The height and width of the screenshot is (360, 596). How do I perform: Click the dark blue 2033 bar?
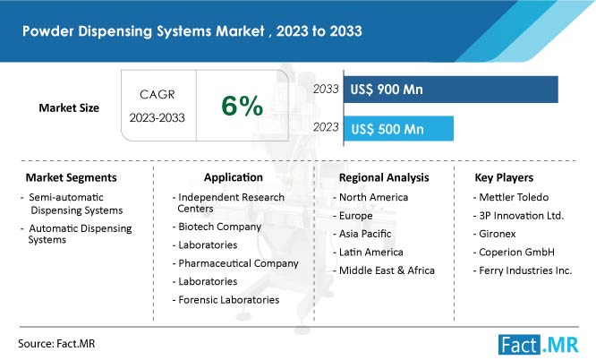tap(451, 90)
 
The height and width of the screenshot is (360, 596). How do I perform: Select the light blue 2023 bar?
tap(398, 129)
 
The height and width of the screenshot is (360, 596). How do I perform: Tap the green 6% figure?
tap(243, 106)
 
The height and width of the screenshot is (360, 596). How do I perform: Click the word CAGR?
tap(157, 94)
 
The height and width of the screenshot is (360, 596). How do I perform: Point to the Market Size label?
tap(69, 108)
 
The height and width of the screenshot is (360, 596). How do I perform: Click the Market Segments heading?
tap(71, 177)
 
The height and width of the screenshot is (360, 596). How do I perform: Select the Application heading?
tap(234, 177)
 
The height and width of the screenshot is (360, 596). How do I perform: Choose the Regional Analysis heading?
tap(384, 177)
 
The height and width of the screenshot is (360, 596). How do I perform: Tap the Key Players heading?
tap(504, 177)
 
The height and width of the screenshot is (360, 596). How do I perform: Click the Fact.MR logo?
tap(539, 345)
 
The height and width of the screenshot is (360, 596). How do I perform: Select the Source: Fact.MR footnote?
tap(56, 344)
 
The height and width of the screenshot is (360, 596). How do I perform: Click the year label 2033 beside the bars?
tap(326, 89)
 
